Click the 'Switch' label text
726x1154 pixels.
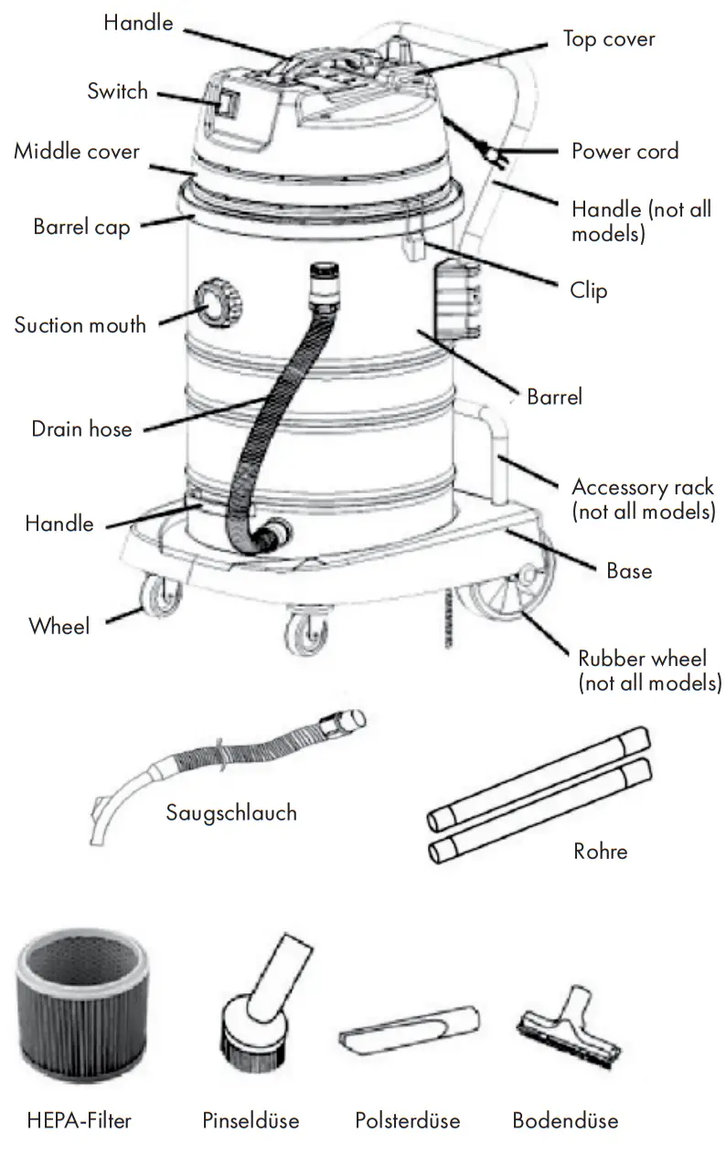(x=117, y=90)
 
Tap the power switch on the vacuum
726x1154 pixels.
(x=226, y=102)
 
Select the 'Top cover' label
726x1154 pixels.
(x=608, y=39)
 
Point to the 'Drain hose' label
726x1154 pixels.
(x=81, y=429)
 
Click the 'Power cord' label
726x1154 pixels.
(x=625, y=151)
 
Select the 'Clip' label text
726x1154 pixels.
(x=588, y=291)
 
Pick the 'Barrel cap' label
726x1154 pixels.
(x=81, y=227)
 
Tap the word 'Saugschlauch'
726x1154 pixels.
(x=231, y=812)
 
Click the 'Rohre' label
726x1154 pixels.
(x=600, y=852)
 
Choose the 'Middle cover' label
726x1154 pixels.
(x=77, y=151)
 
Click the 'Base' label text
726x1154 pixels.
(x=629, y=571)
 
